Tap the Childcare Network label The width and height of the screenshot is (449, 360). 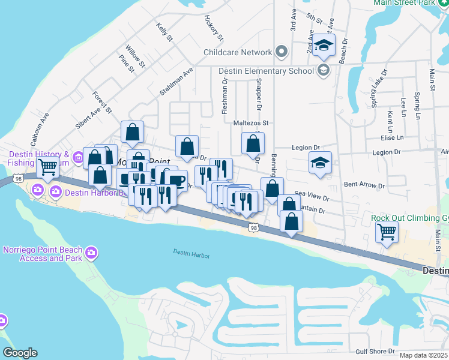pyautogui.click(x=238, y=52)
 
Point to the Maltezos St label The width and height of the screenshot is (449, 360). pyautogui.click(x=250, y=123)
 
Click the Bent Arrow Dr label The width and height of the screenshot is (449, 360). pyautogui.click(x=359, y=184)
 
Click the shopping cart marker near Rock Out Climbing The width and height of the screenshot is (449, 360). pyautogui.click(x=387, y=232)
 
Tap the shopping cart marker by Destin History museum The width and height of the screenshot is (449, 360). pyautogui.click(x=48, y=167)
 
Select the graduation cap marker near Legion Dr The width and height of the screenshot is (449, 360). pyautogui.click(x=320, y=163)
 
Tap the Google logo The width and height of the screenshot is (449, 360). pyautogui.click(x=20, y=353)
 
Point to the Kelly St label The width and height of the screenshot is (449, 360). pyautogui.click(x=164, y=32)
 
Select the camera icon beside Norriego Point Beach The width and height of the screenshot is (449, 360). pyautogui.click(x=92, y=252)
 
